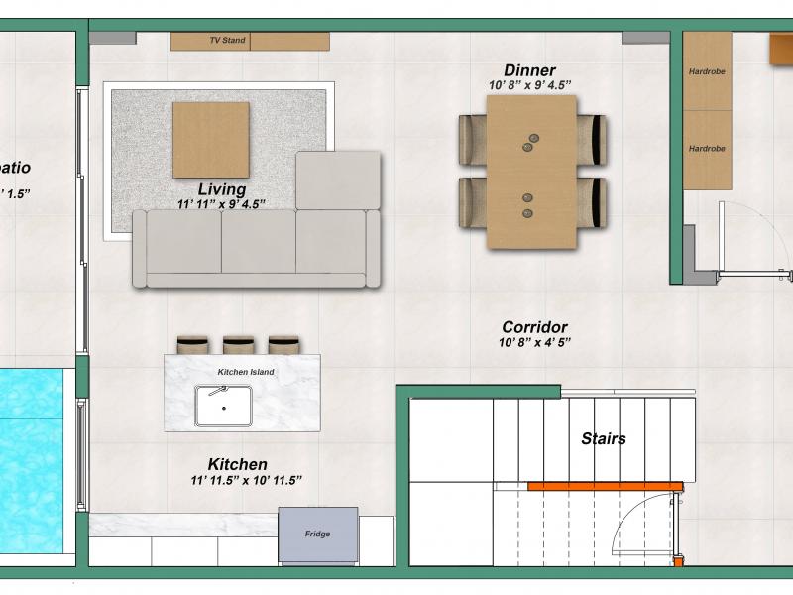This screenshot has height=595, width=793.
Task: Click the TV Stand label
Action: coord(228,40)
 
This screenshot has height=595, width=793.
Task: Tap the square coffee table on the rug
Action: coord(211,140)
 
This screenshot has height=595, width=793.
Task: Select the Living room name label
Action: coord(222,189)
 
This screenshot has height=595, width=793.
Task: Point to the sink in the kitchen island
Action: coord(224,407)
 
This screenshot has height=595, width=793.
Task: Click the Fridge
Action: coord(318,535)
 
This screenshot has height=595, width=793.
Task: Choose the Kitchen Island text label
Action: coord(246,372)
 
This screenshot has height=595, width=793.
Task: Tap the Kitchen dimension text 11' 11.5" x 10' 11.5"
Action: coord(246,480)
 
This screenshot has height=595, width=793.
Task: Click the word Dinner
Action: coord(529,70)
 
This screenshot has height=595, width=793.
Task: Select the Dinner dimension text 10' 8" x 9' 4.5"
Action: coord(530,85)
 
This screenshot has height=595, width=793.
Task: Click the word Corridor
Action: coord(534,327)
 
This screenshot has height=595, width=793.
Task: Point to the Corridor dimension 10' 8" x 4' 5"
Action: coord(534,342)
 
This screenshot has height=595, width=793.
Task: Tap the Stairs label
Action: coord(604,438)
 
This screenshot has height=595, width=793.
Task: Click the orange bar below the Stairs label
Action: coord(606,487)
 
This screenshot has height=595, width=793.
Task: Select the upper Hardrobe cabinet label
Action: coord(707,71)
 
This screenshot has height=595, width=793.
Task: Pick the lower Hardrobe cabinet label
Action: coord(707,148)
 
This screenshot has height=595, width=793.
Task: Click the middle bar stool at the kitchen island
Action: coord(238,345)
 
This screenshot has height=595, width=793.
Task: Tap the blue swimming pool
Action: coord(32,461)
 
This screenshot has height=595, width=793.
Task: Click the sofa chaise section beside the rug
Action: coord(338,179)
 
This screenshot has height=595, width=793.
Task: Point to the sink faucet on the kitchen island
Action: coord(219,391)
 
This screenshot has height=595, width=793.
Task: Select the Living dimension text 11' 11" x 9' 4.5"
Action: coord(221,204)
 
